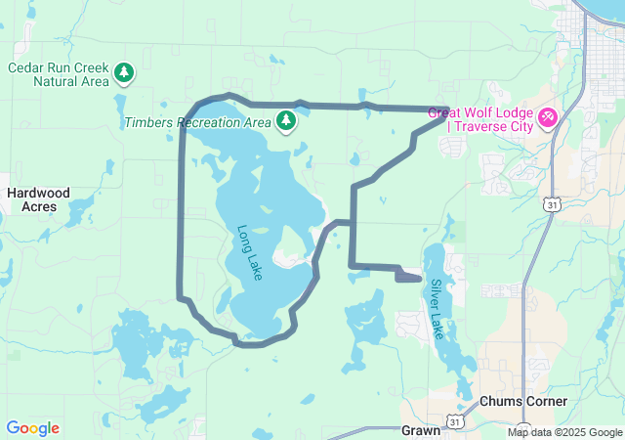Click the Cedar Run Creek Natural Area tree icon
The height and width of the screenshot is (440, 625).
[124, 71]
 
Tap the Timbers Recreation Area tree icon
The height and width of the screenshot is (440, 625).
[286, 121]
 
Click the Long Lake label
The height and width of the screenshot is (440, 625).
[250, 253]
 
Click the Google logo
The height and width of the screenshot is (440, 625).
[32, 428]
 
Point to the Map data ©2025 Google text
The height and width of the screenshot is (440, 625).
[563, 432]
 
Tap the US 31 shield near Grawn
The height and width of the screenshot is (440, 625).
[455, 419]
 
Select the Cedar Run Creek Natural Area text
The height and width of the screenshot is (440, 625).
[58, 74]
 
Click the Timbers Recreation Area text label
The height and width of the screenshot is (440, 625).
[197, 123]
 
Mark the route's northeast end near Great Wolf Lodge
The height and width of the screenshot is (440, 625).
[447, 110]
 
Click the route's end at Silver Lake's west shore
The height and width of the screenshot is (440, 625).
[420, 279]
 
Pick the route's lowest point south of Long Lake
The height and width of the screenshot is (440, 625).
[250, 344]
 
